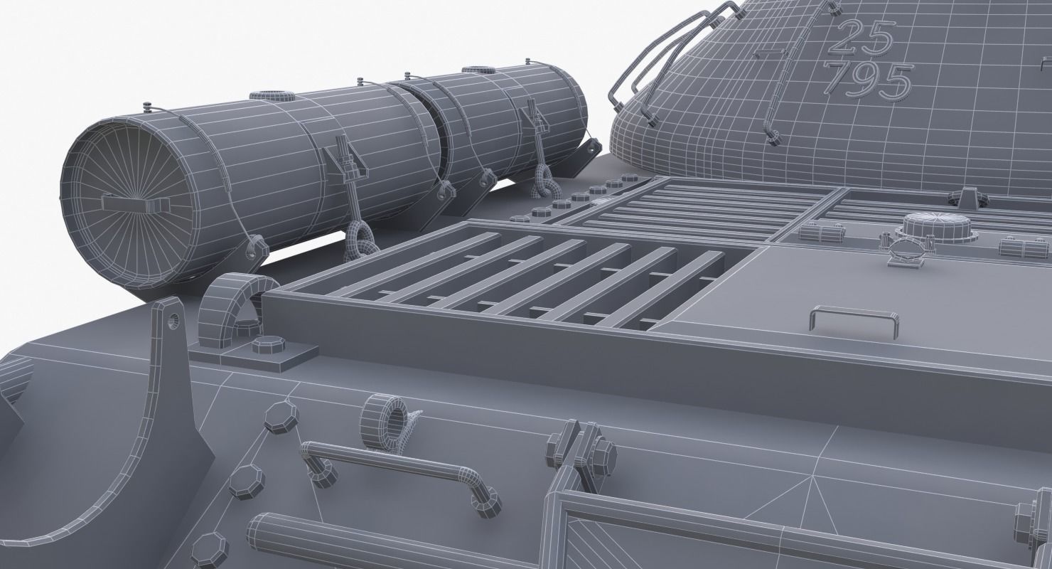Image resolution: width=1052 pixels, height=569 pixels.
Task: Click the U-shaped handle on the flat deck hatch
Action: (x=851, y=318)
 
